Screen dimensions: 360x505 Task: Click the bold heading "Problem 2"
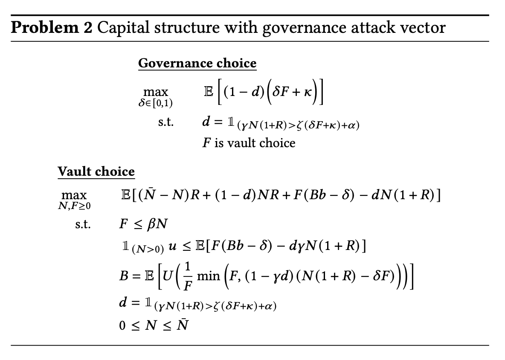[x=51, y=28]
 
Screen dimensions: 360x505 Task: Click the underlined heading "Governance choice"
[x=197, y=63]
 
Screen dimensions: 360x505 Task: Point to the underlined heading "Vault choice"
[x=96, y=171]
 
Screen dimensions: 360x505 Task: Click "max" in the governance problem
[x=156, y=92]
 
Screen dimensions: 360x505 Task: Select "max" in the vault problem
[x=74, y=195]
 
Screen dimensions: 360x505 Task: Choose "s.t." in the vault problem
[x=83, y=225]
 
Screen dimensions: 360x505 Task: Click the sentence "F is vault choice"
[x=249, y=142]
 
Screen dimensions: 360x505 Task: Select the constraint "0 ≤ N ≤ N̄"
[x=154, y=326]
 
